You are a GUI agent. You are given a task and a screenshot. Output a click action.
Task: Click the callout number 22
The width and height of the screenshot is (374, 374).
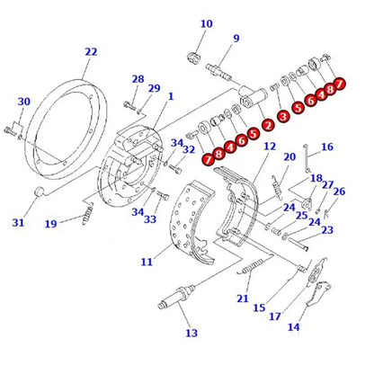click(91, 52)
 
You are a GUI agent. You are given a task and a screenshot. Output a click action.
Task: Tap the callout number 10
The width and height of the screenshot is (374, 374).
click(206, 24)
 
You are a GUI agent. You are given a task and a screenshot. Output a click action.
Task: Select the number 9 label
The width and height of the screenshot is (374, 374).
click(236, 39)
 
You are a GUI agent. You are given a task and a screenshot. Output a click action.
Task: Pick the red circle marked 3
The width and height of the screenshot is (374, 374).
click(283, 115)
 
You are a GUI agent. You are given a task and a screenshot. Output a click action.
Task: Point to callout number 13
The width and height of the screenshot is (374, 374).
click(190, 334)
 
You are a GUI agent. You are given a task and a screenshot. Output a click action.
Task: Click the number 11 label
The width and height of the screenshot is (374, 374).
click(147, 262)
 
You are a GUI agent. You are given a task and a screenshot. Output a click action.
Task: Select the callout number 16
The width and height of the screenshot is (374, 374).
click(326, 147)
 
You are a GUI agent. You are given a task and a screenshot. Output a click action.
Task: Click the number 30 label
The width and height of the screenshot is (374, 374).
click(23, 102)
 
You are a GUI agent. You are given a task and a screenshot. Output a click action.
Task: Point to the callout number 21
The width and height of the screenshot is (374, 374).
click(242, 298)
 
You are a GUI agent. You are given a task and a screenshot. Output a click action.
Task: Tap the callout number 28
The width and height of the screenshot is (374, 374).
click(138, 79)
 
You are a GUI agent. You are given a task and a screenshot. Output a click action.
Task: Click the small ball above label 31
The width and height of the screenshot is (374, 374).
click(40, 191)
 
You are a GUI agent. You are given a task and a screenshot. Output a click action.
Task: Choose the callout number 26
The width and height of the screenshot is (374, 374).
click(339, 191)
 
